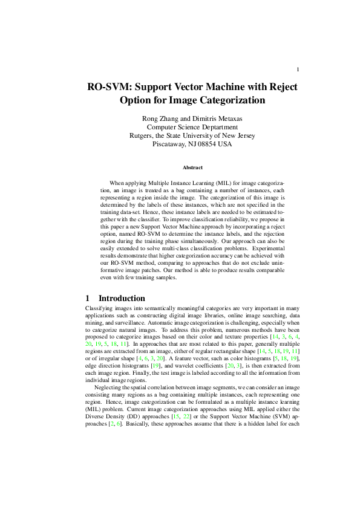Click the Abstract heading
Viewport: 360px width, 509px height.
[192, 167]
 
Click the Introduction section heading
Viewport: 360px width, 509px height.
[122, 298]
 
